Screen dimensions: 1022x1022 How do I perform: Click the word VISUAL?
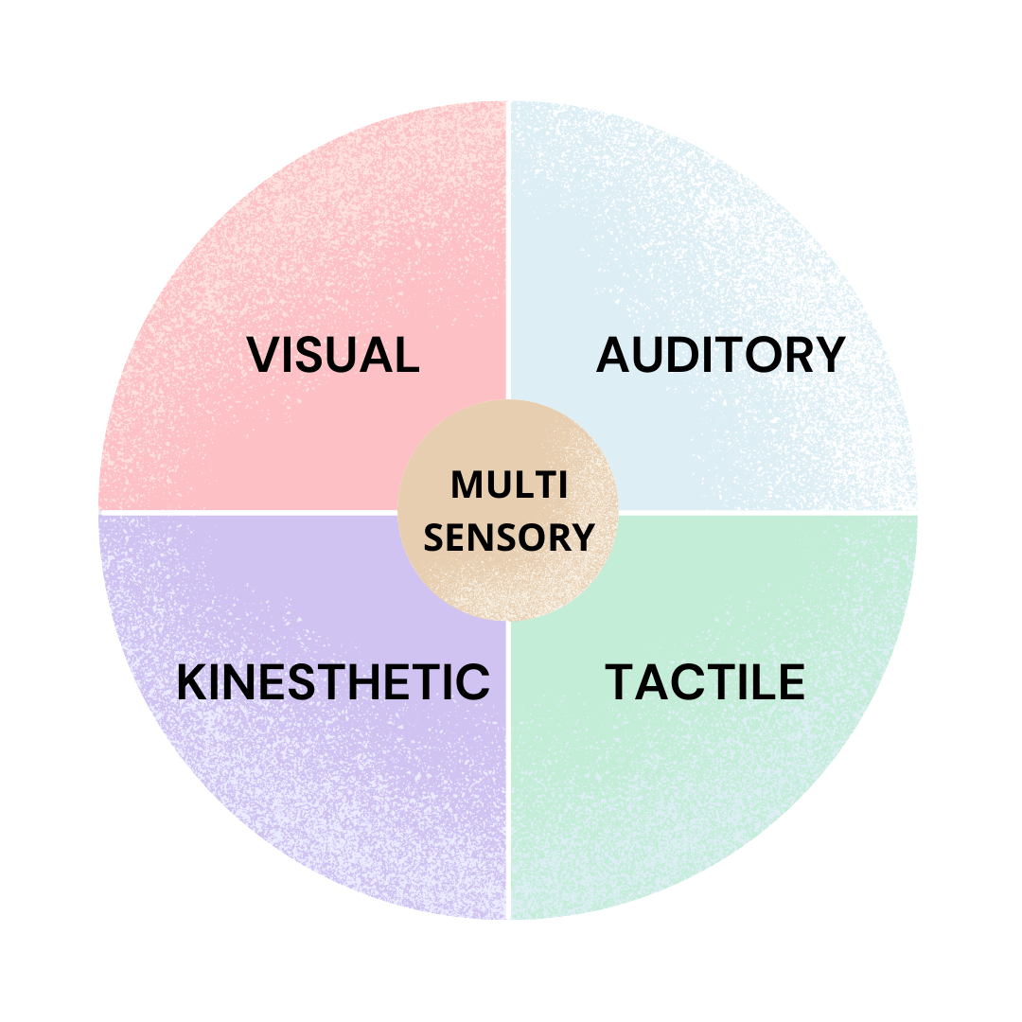click(333, 355)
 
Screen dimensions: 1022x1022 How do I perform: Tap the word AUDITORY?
click(720, 355)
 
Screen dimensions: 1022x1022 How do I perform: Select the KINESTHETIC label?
click(333, 682)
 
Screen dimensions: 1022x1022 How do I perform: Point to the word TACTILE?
click(705, 682)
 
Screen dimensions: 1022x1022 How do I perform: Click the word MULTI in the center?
click(508, 485)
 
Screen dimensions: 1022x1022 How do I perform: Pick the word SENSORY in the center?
click(508, 537)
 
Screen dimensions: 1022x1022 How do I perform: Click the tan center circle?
click(508, 577)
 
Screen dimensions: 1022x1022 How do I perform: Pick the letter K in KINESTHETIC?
click(192, 682)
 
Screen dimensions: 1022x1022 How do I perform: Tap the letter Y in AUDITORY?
click(829, 355)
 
